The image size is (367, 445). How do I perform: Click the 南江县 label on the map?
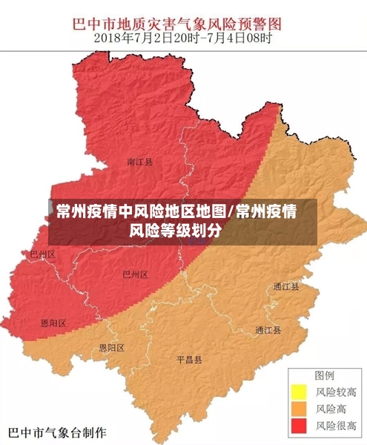coord(139,161)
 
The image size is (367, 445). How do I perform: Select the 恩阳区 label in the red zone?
coord(53,323)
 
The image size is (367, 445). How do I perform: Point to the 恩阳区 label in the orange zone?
coord(112,347)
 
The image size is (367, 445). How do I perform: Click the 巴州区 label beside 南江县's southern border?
coord(136,274)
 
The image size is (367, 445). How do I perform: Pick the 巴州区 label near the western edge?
coord(42,254)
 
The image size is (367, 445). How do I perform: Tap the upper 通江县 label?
coord(285,286)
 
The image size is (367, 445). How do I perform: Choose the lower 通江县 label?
coord(268,330)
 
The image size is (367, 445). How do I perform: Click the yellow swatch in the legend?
coord(299,391)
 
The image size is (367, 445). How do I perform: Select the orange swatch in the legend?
coord(299,409)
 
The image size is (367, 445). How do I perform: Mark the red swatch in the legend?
coord(299,426)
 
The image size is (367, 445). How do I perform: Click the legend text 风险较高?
coord(337,392)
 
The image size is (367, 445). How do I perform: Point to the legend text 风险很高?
coord(337,426)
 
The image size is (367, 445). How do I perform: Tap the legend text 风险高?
coord(331,409)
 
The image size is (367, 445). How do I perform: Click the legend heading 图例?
coord(325,375)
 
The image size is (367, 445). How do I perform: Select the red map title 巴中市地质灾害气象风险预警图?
coord(183,22)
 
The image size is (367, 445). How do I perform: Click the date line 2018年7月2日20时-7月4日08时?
coord(183,37)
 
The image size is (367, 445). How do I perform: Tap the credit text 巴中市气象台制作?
coord(56,432)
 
